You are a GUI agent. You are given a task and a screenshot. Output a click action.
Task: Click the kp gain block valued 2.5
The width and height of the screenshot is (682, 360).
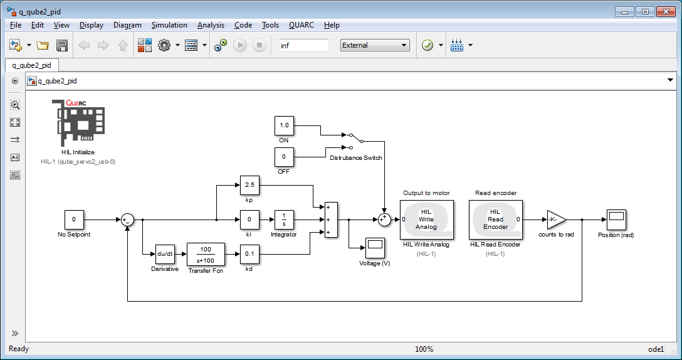[249, 186]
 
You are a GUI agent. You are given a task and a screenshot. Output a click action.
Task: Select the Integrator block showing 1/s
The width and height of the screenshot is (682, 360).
[283, 220]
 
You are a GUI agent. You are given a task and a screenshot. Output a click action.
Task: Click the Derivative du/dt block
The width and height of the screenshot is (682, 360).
[165, 254]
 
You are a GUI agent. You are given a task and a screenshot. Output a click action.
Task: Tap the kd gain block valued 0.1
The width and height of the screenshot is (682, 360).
[249, 254]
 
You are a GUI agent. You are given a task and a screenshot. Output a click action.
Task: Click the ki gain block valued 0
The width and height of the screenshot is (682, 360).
[249, 220]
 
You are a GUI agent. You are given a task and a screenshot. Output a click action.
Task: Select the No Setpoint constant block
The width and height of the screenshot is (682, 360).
[74, 220]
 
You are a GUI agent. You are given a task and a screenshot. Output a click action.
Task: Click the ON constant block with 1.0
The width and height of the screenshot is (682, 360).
[284, 125]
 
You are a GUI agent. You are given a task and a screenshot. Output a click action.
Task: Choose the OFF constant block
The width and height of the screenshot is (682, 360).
[284, 157]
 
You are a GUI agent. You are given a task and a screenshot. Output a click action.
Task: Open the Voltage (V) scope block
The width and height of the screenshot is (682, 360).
[375, 248]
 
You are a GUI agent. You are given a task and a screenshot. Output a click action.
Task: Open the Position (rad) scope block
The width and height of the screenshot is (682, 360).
[616, 220]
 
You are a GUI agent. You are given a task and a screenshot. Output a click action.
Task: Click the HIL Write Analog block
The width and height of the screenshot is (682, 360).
[426, 220]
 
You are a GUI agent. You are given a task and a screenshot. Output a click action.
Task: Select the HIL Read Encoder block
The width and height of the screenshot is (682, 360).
[495, 220]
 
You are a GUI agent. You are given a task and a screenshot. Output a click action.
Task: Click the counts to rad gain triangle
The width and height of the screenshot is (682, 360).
[555, 220]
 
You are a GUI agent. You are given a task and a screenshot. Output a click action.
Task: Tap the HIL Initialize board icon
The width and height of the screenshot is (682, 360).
[78, 122]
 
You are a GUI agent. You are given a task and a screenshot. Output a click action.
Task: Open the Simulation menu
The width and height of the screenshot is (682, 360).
[169, 25]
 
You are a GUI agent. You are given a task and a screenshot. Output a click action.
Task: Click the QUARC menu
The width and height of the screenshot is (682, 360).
[302, 25]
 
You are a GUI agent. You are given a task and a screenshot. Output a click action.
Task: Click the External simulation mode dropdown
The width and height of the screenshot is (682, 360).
[374, 45]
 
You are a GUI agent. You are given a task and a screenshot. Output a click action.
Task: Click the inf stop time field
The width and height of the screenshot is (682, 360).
[303, 45]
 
